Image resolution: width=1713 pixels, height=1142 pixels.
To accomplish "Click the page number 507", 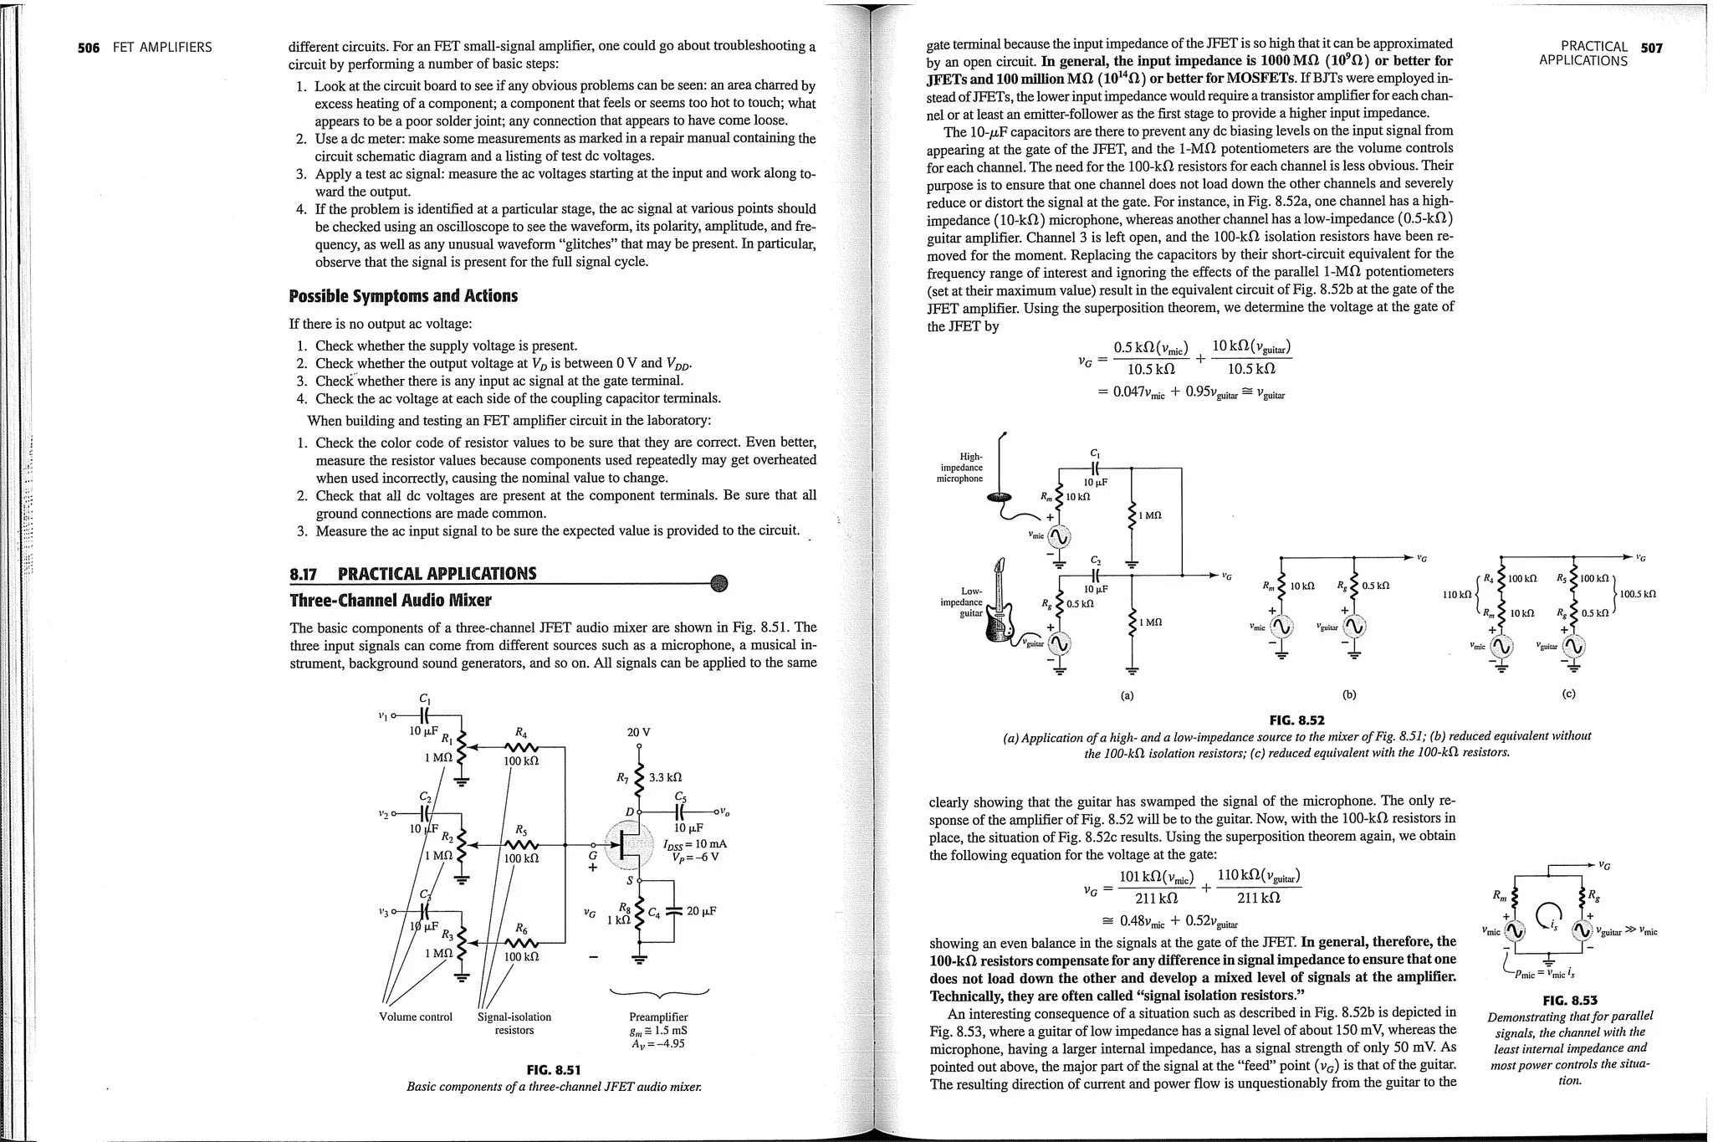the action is click(x=1652, y=48).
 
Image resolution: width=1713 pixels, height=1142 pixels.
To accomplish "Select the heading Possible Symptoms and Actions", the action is click(x=403, y=296).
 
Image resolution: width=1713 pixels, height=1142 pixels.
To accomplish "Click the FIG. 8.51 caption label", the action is click(x=553, y=1070).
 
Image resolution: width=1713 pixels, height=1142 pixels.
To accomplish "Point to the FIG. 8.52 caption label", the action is click(x=1296, y=720).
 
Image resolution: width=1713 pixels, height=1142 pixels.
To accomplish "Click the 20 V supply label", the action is click(x=639, y=732).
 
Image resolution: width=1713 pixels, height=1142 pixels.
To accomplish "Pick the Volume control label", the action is click(x=416, y=1017).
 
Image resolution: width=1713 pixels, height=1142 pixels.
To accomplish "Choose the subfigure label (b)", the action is click(x=1348, y=694).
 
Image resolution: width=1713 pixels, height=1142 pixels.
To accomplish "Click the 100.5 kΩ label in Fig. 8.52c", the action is click(x=1638, y=595).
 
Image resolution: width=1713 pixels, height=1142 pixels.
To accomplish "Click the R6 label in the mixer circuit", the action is click(x=521, y=928).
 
